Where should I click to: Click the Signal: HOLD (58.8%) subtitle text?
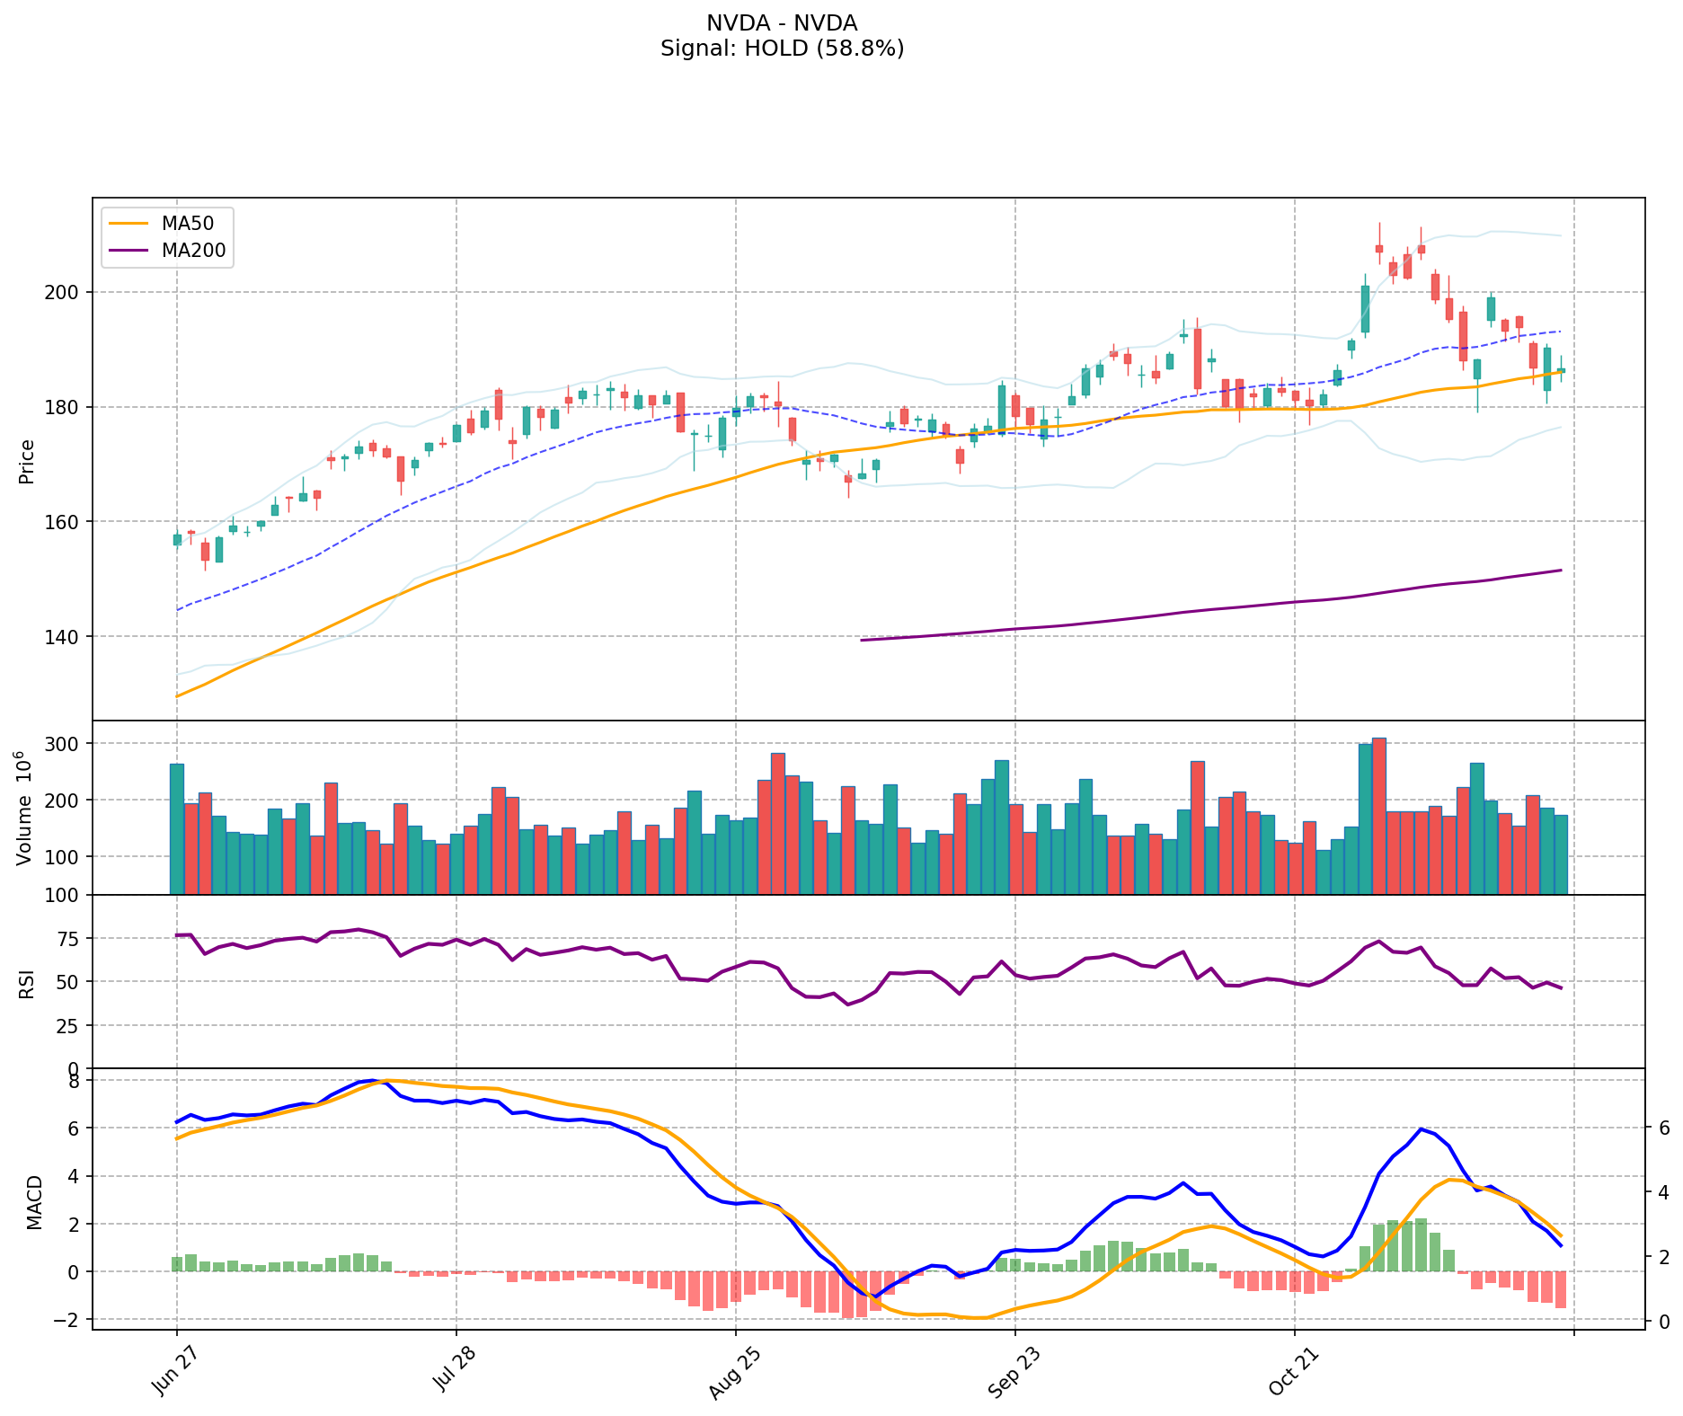coord(782,49)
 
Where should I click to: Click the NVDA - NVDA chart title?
coord(782,23)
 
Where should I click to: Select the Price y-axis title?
coord(27,461)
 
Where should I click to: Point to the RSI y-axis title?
coord(27,982)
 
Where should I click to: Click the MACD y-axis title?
coord(34,1201)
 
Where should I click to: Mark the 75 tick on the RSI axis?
coord(72,939)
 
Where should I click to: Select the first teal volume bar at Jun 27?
coord(176,828)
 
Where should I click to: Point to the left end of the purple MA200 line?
coord(862,640)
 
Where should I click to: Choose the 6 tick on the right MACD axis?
coord(1663,1128)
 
